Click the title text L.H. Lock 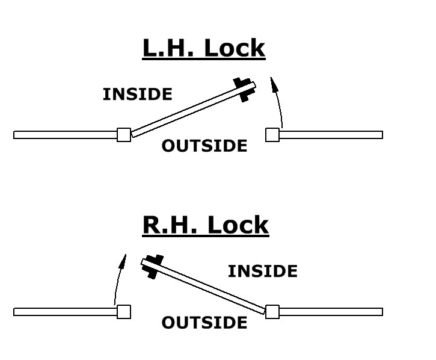click(x=203, y=48)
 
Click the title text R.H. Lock click(x=205, y=225)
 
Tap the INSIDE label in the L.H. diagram click(x=137, y=95)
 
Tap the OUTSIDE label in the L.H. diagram click(x=204, y=146)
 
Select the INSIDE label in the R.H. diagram click(x=262, y=272)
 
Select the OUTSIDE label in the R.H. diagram click(x=204, y=323)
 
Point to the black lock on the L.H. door click(x=242, y=89)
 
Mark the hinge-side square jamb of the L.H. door click(x=124, y=135)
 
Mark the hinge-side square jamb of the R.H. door click(x=272, y=312)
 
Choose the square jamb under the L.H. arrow click(x=272, y=135)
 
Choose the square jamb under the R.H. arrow click(x=124, y=312)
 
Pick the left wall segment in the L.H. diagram click(x=65, y=135)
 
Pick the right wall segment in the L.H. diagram click(x=331, y=135)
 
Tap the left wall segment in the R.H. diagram click(x=65, y=312)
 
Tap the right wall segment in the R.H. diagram click(x=331, y=312)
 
